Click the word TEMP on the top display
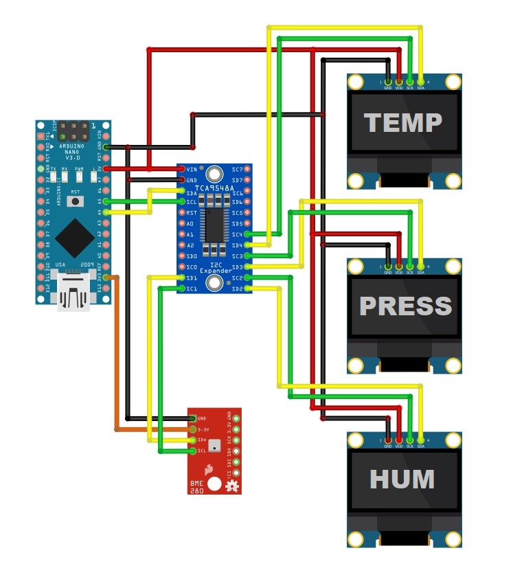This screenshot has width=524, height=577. tap(403, 123)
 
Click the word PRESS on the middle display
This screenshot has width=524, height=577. tap(406, 306)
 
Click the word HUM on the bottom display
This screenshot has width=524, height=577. tap(402, 479)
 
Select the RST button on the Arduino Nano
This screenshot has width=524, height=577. tap(76, 200)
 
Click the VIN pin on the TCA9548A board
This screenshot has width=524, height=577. tap(181, 169)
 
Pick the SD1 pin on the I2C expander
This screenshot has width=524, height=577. tap(181, 278)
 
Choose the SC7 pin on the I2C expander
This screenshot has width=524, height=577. tap(247, 169)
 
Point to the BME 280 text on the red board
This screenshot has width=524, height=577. tap(197, 487)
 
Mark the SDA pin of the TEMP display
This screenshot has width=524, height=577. tap(420, 82)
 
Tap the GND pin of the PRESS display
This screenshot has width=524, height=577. tap(388, 266)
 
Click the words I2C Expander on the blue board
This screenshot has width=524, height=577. tap(215, 268)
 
